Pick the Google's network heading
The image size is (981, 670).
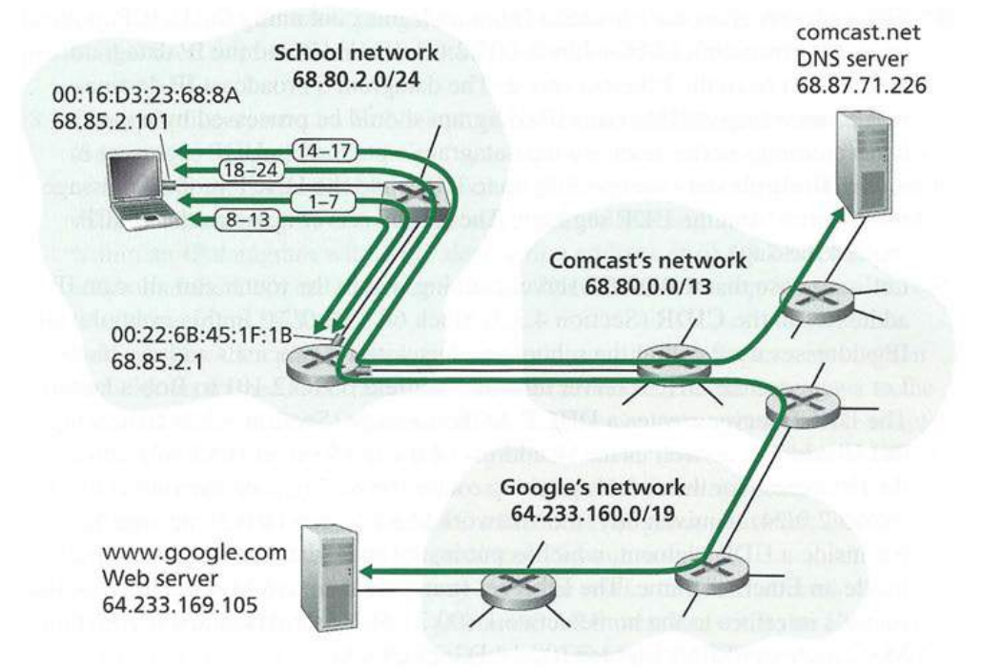click(x=605, y=488)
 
